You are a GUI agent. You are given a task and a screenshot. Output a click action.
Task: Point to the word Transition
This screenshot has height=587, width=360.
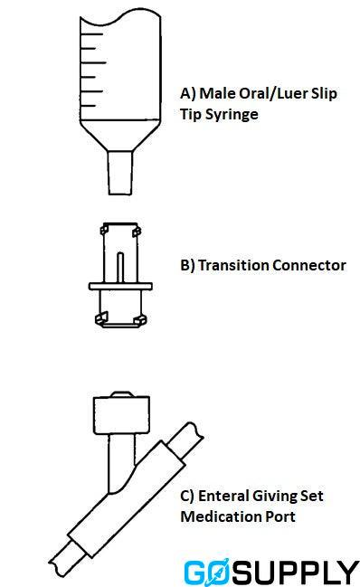click(237, 266)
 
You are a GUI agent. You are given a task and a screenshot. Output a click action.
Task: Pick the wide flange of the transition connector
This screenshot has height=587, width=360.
click(121, 287)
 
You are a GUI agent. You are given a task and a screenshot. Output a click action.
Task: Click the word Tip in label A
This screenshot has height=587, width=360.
click(194, 115)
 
